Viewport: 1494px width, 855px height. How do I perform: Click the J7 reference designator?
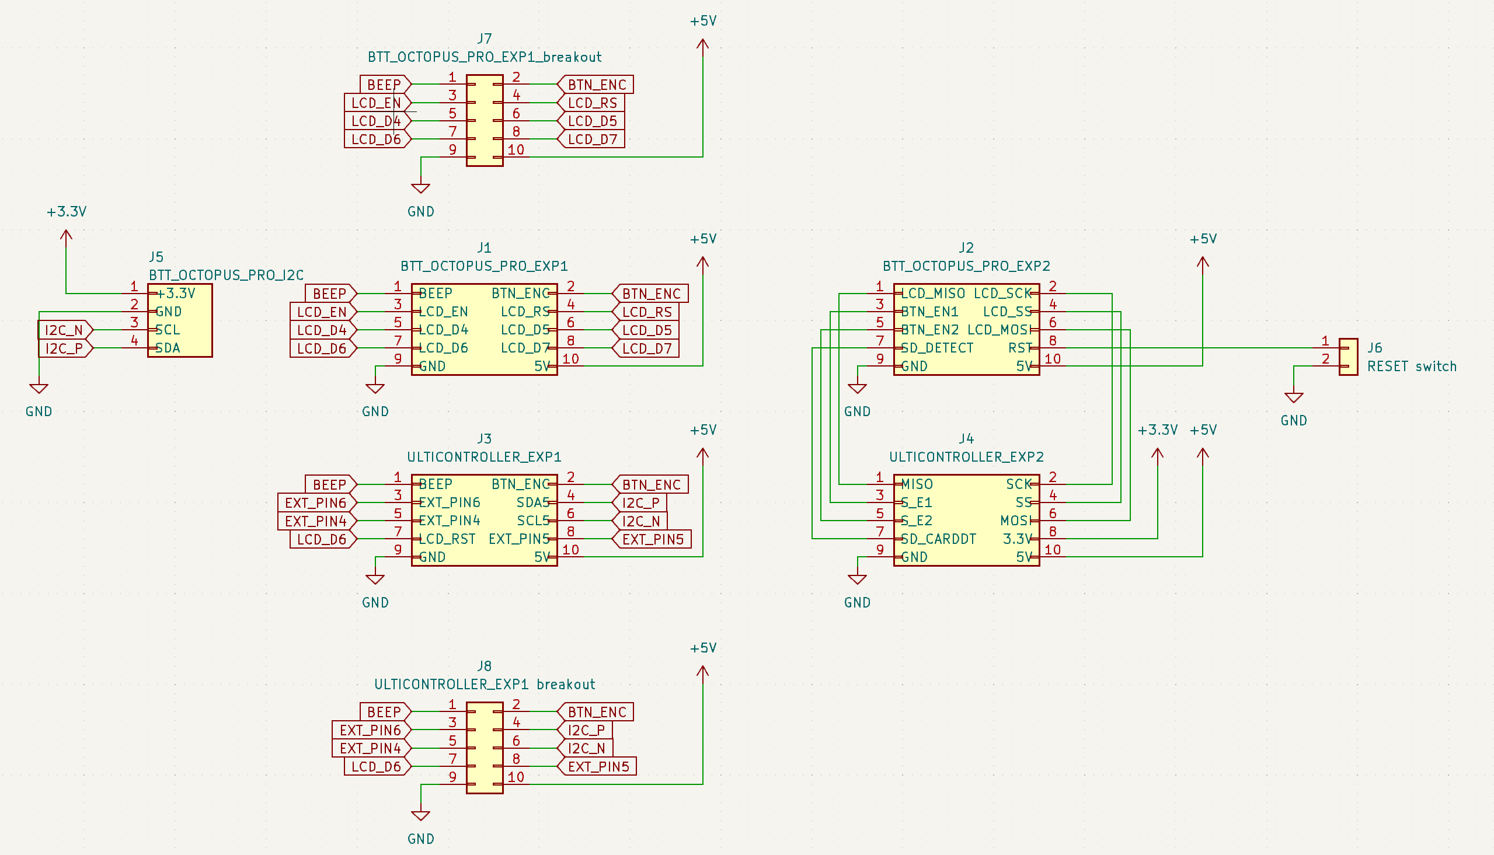(484, 39)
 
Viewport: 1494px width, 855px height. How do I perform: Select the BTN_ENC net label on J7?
(596, 85)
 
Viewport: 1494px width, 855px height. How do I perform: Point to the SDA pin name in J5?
(168, 348)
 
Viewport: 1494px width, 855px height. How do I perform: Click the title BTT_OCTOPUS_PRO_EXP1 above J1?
(484, 266)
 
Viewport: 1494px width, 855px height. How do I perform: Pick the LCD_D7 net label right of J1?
(646, 349)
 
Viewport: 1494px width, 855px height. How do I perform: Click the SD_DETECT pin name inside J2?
(936, 348)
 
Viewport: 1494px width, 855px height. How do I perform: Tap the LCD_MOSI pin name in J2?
(999, 330)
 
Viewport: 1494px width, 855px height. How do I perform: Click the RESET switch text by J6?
(1411, 367)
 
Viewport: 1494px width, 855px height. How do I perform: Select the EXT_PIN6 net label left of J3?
(315, 503)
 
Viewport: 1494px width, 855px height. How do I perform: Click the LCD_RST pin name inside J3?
(447, 539)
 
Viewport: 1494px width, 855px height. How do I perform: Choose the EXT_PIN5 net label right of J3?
(653, 540)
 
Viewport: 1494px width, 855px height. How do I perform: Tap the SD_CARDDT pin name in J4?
(938, 539)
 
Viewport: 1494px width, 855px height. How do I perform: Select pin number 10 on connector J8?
(516, 777)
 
